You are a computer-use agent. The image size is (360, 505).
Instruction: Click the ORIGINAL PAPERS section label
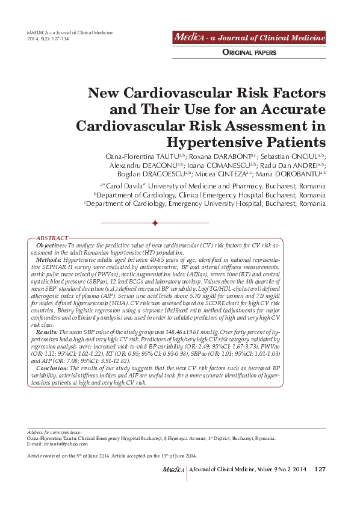(249, 53)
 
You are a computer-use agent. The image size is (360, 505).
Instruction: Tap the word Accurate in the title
(287, 110)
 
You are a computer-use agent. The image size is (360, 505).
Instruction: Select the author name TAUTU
(177, 156)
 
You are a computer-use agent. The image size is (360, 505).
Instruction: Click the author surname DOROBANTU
(293, 173)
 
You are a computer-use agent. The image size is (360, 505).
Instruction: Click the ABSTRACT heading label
(52, 239)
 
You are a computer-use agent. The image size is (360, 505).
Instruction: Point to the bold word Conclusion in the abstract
(52, 367)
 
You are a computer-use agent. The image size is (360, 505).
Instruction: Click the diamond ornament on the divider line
(155, 223)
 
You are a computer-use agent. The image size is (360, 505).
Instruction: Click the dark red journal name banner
(249, 38)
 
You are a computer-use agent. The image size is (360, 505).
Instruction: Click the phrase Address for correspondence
(55, 433)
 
